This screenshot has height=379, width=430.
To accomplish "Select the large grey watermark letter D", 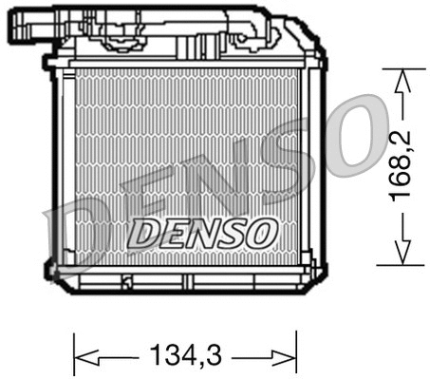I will [71, 237].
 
